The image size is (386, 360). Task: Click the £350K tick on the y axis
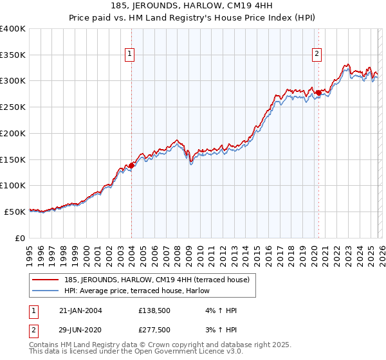coord(13,55)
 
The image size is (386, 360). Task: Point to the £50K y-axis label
coord(15,212)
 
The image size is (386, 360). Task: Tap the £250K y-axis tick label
coord(13,107)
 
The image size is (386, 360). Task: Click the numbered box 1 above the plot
coord(131,55)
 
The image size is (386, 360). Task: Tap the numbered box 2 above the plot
coord(318,55)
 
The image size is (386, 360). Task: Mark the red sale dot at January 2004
coord(131,165)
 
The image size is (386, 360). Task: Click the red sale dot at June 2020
coord(318,93)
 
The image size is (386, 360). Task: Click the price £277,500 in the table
coord(154,329)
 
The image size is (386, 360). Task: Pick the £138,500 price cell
coord(154,310)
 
